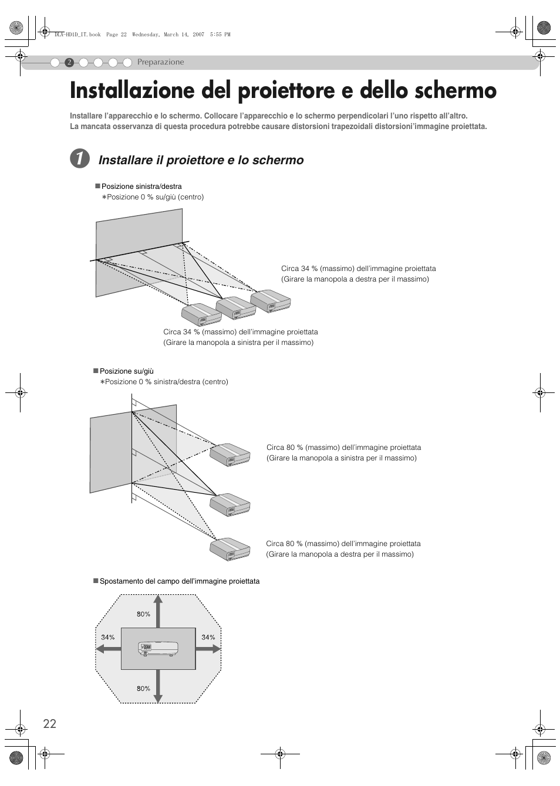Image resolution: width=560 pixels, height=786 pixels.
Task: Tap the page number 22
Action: tap(49, 723)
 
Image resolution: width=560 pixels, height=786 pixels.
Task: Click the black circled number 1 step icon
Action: tap(80, 160)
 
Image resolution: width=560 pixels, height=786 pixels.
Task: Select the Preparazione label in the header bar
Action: tap(160, 62)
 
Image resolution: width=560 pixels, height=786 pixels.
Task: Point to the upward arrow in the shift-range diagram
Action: tap(158, 610)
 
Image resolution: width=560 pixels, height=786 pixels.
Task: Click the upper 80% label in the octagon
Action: tap(143, 614)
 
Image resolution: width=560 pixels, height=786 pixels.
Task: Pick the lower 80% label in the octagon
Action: tap(143, 689)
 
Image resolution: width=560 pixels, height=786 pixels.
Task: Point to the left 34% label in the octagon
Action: tap(107, 637)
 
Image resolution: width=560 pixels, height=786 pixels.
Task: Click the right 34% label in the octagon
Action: tap(208, 637)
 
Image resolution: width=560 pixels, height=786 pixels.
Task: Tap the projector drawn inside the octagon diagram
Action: tap(158, 648)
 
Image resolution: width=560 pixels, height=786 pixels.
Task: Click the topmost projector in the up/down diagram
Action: tap(230, 455)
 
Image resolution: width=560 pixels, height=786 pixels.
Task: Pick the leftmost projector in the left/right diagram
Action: tap(201, 315)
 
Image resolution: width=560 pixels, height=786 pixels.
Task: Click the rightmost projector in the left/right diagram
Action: tap(271, 301)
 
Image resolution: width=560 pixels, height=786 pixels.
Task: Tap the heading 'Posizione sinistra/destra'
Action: tap(141, 187)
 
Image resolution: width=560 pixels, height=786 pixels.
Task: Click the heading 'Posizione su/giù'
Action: tap(126, 371)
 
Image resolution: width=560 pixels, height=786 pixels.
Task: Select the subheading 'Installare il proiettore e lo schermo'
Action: tap(201, 160)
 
